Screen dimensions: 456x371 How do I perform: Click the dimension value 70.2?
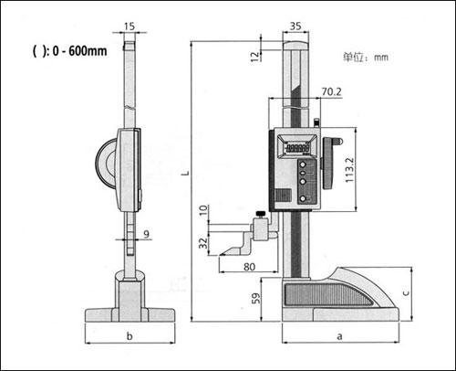click(x=331, y=91)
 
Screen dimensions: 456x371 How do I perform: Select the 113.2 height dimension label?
click(x=349, y=170)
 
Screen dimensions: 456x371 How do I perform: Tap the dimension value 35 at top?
click(x=295, y=26)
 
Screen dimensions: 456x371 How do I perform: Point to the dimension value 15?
click(x=130, y=26)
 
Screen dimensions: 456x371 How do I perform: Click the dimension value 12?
click(x=255, y=57)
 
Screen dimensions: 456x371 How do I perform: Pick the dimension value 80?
click(x=249, y=267)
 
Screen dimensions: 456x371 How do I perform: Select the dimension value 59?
click(x=256, y=298)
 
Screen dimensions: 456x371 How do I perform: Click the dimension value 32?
click(x=203, y=243)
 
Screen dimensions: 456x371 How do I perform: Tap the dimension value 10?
click(x=203, y=210)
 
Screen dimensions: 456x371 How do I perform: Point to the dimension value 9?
click(x=147, y=234)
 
